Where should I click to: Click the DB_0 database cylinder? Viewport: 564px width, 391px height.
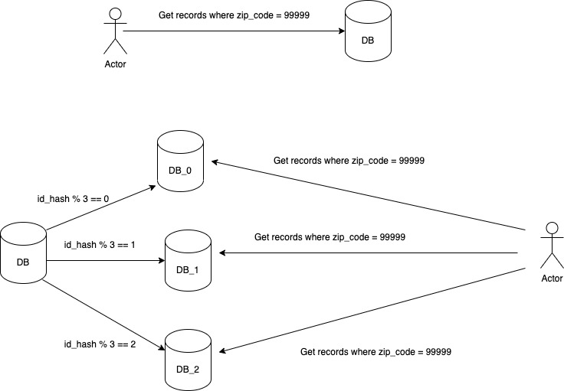pyautogui.click(x=180, y=161)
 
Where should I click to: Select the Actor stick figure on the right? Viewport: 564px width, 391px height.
pyautogui.click(x=551, y=246)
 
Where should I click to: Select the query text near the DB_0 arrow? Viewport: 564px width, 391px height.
pyautogui.click(x=349, y=161)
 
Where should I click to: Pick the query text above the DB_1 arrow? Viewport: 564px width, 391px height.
pyautogui.click(x=330, y=237)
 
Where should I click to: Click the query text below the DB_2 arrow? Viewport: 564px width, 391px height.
pyautogui.click(x=375, y=352)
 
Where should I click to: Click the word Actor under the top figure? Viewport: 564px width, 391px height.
pyautogui.click(x=115, y=64)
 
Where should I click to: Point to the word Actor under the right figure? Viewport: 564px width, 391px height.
pyautogui.click(x=551, y=279)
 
